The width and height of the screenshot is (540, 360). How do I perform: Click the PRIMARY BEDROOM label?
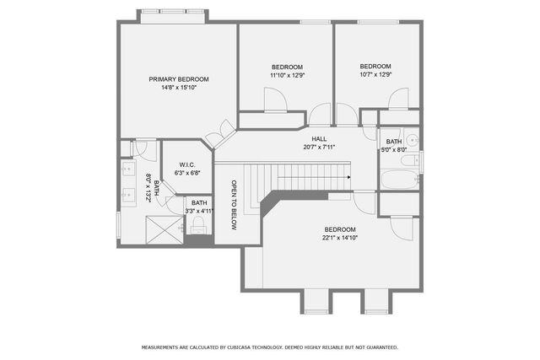click(x=179, y=79)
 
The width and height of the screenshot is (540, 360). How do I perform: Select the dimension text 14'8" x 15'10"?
click(x=179, y=88)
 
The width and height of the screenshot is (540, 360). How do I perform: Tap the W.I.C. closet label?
click(x=187, y=164)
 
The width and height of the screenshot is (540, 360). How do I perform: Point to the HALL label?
click(x=319, y=139)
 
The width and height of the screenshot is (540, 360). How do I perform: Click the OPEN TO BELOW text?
click(x=234, y=206)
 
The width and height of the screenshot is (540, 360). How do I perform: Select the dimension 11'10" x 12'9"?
click(x=287, y=76)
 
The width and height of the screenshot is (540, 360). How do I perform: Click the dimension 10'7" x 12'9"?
click(x=375, y=75)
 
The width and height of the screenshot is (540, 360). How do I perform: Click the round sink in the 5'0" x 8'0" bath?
click(x=411, y=141)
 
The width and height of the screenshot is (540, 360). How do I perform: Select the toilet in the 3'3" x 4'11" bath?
click(x=199, y=225)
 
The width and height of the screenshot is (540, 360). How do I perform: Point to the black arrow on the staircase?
click(x=348, y=177)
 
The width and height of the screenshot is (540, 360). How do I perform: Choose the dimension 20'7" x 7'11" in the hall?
click(x=319, y=148)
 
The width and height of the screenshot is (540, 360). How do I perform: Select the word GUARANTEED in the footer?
click(x=377, y=347)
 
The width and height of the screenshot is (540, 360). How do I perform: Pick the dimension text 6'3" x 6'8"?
click(x=187, y=173)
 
